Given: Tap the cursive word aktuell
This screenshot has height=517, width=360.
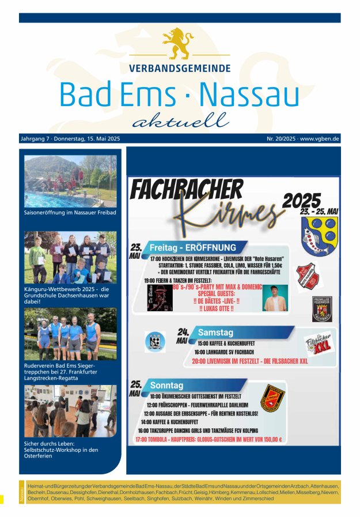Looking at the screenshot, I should [180, 120].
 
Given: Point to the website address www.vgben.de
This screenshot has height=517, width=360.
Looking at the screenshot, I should [319, 139].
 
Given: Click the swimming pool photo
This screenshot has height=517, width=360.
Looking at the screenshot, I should [70, 181].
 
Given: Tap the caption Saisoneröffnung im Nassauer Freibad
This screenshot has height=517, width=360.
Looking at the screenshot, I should [70, 213].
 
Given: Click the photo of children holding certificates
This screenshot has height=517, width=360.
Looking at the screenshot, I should [70, 258].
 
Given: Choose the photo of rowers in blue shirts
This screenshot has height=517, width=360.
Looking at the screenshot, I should [70, 334].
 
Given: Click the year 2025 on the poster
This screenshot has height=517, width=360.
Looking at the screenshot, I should [301, 200].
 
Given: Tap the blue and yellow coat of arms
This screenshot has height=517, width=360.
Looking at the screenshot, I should [319, 236].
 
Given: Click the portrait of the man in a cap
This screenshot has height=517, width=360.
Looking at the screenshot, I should [275, 298].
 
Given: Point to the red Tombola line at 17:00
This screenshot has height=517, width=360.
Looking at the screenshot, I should [209, 439].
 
